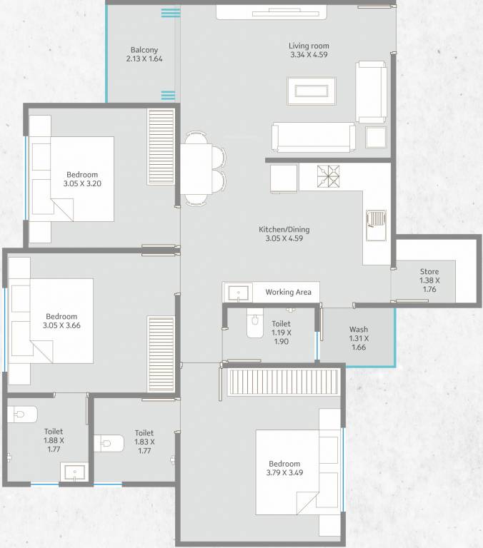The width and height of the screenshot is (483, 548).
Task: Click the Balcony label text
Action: coord(144,50)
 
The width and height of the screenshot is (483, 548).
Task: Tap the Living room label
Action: coord(309,46)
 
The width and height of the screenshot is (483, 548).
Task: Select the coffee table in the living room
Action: coord(308,91)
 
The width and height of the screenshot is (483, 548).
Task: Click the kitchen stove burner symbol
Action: coord(330,176)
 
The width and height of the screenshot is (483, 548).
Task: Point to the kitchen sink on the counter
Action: coord(375,221)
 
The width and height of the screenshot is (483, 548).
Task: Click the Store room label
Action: coord(429,272)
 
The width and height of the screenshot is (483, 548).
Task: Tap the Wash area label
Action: coord(359,330)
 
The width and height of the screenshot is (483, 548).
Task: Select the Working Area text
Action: coord(288,292)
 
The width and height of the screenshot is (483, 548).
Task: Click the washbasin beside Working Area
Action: coord(237,292)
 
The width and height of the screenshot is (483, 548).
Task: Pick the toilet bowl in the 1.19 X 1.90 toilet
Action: coord(254,325)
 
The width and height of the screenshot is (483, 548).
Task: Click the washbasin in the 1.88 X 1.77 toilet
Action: coord(73,472)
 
